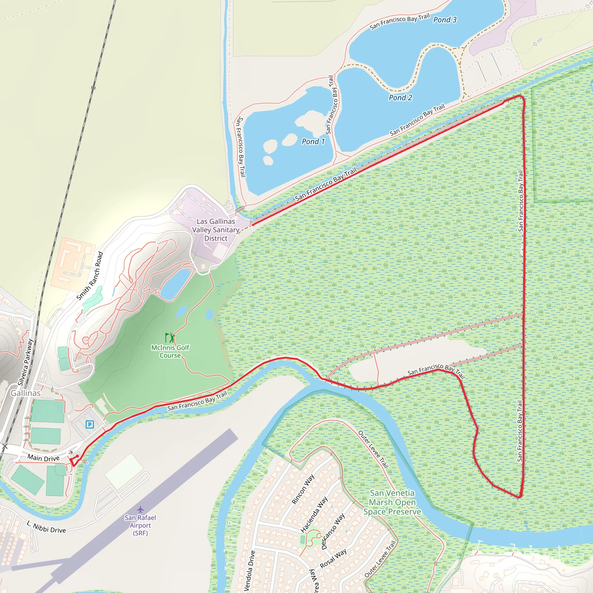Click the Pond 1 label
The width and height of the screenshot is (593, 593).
pos(313,142)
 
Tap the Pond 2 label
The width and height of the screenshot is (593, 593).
pos(400,98)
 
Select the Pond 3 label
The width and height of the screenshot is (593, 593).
pos(445,20)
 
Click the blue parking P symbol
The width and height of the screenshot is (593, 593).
pos(90,424)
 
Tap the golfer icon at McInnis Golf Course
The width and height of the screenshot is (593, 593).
pos(170,338)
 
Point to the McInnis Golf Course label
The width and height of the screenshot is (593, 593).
pos(170,352)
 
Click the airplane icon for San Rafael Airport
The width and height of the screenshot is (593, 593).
pos(140,510)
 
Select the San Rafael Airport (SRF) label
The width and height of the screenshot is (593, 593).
pos(140,525)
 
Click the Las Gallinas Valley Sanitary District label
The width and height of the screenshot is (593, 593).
pos(216,230)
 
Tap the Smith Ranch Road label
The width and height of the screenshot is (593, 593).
pos(90,276)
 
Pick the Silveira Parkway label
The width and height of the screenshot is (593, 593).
pos(25,362)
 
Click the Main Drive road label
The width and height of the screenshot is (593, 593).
pos(44,458)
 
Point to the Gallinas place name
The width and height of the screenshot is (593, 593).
pos(25,393)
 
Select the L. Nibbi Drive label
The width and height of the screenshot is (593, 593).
pos(46,527)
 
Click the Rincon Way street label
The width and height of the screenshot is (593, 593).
pos(303,489)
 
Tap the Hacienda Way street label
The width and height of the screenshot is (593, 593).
pos(314,515)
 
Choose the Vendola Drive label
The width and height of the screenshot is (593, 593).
pos(249,571)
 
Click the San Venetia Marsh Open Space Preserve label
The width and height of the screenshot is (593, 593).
pos(392,502)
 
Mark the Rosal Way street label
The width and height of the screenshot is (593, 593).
pos(333,558)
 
